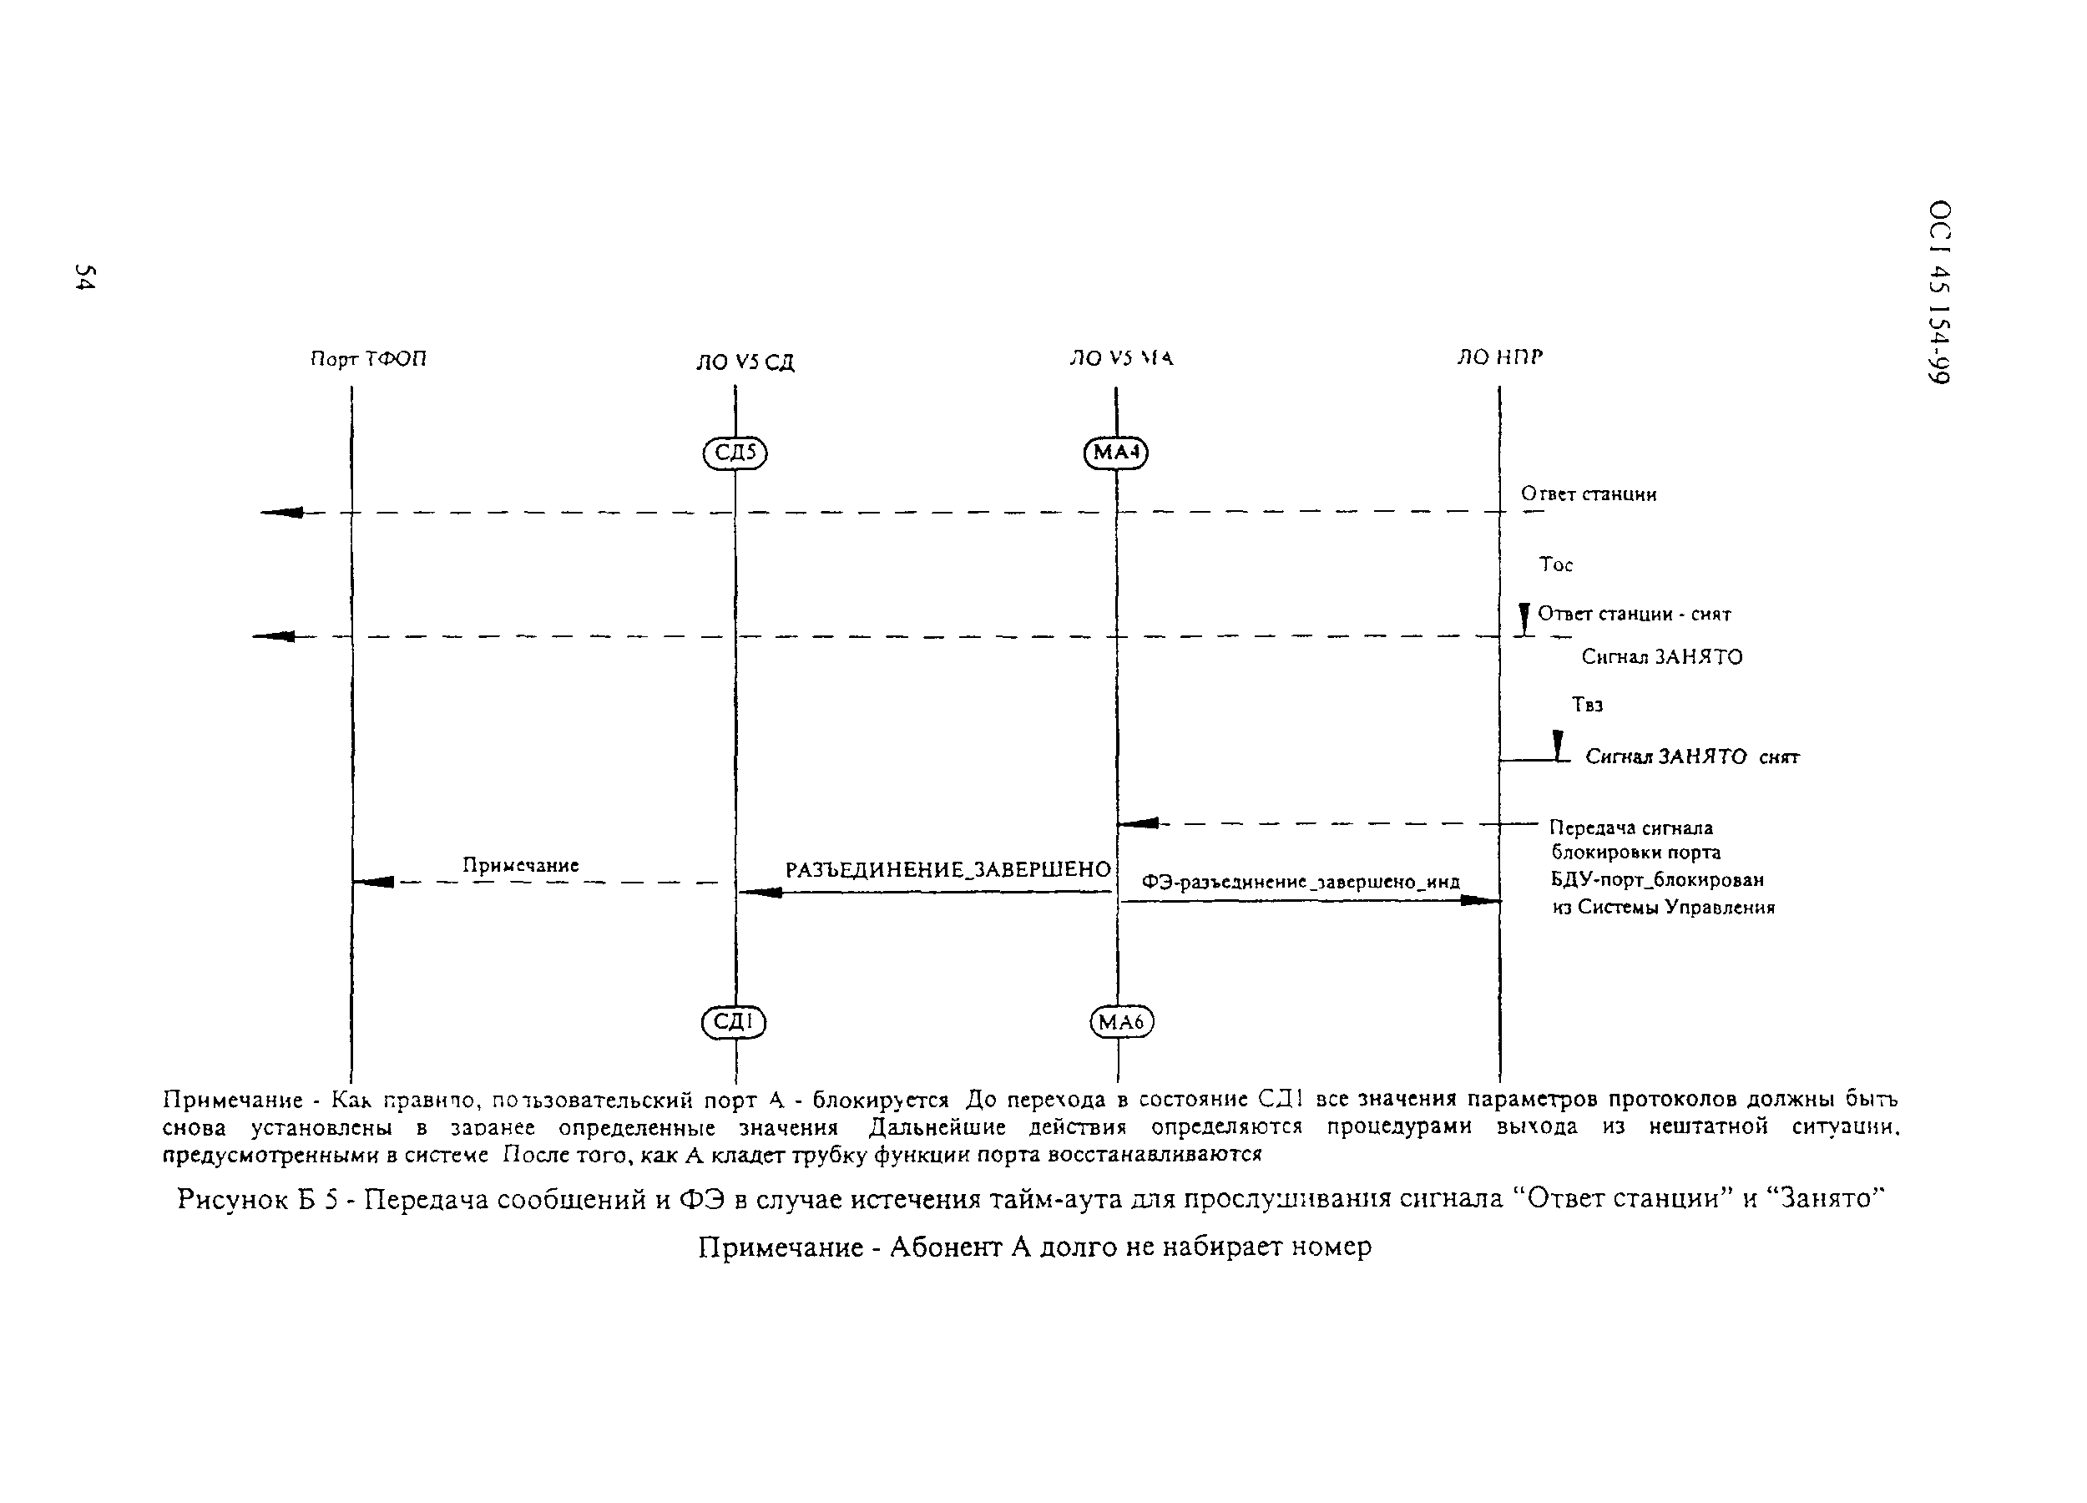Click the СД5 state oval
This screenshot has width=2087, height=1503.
(735, 453)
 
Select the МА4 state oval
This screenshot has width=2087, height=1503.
(1116, 453)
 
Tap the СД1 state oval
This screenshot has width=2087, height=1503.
(734, 1023)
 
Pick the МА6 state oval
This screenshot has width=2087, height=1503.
(1121, 1023)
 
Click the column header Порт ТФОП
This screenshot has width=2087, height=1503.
(368, 359)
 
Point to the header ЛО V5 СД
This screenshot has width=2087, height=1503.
(745, 362)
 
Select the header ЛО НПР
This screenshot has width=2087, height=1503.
(1499, 357)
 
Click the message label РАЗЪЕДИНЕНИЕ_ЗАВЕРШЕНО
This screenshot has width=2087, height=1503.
(947, 870)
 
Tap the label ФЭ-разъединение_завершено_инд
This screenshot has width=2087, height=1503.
(1301, 882)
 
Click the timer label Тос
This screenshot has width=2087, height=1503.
(1556, 565)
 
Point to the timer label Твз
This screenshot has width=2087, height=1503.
(1587, 705)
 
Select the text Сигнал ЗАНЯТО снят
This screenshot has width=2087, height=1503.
(1691, 757)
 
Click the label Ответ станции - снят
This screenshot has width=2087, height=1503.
(1635, 614)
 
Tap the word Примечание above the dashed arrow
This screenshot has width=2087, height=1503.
(520, 865)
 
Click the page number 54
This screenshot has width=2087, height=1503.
(84, 277)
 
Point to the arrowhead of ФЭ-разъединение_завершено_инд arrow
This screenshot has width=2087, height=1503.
(1482, 900)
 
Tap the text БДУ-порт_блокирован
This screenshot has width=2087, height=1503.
(1656, 880)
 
